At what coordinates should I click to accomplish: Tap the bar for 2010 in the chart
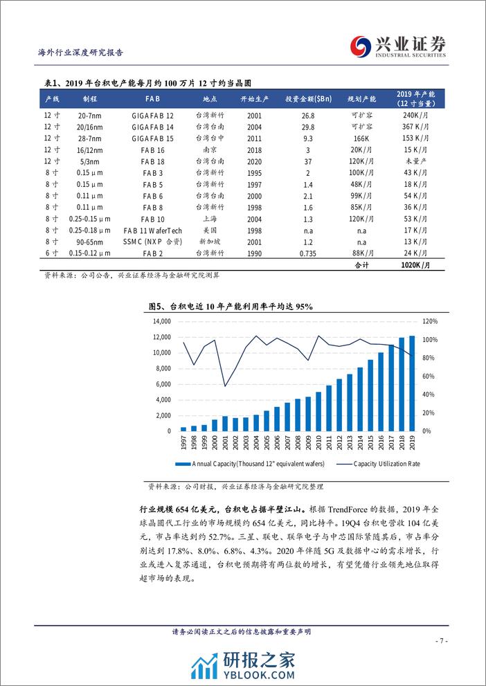pyautogui.click(x=318, y=411)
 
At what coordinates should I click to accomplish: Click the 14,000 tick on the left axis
pyautogui.click(x=161, y=321)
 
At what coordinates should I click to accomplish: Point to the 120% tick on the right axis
pyautogui.click(x=430, y=321)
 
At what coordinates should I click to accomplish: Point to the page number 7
pyautogui.click(x=444, y=641)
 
